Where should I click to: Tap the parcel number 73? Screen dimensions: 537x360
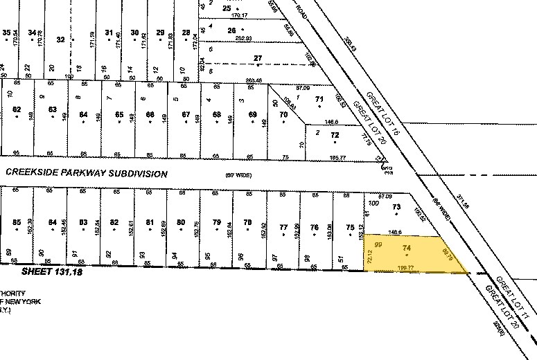397,207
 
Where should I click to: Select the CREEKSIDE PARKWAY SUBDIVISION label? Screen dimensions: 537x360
87,174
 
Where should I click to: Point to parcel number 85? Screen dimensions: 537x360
17,222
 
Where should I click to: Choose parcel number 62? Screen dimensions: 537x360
17,110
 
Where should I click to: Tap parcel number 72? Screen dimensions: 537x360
335,136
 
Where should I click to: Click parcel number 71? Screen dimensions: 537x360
319,100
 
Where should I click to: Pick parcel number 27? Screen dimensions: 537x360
258,58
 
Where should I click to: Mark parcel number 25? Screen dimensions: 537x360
226,8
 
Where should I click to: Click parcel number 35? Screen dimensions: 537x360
8,33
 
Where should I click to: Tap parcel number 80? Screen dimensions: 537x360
181,222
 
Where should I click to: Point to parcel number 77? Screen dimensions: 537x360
283,227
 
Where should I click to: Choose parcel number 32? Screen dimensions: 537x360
60,40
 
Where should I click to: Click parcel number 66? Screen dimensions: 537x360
149,114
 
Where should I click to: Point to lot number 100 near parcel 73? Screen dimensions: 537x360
375,204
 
